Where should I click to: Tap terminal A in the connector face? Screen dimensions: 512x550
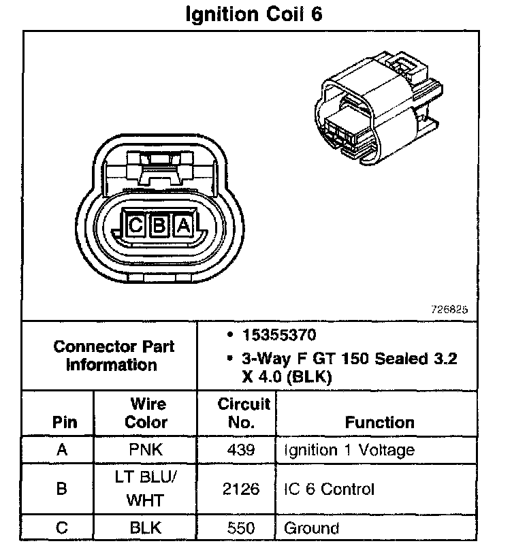click(182, 226)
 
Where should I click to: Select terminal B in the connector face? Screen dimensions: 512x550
click(159, 226)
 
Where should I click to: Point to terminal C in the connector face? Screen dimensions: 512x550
click(135, 226)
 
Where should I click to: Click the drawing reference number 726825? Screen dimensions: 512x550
click(449, 308)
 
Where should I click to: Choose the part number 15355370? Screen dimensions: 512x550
click(278, 336)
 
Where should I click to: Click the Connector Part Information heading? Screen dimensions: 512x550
click(114, 355)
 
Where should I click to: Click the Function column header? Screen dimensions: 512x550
click(379, 422)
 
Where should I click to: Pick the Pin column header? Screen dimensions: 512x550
click(61, 422)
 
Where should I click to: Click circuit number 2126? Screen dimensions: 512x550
click(242, 489)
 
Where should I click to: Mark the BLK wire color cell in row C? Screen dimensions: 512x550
click(145, 528)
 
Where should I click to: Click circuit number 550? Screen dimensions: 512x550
click(242, 528)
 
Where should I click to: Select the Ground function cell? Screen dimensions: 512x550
click(311, 528)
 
